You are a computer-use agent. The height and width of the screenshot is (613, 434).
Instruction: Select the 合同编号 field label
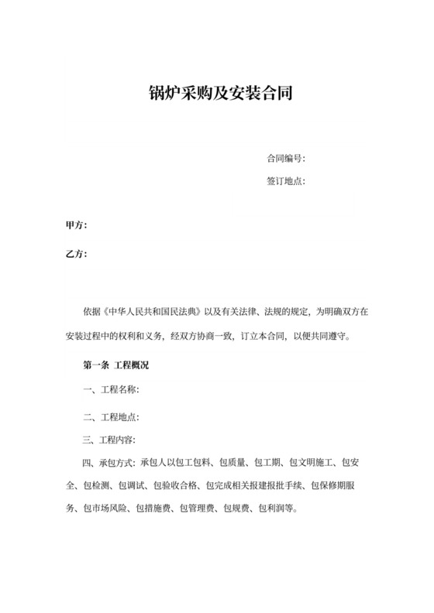tap(285, 159)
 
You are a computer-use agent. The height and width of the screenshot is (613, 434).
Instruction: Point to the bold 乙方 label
tap(76, 253)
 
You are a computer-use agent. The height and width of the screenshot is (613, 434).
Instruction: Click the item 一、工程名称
tap(111, 389)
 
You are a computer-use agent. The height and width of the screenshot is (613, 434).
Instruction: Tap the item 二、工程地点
tap(111, 416)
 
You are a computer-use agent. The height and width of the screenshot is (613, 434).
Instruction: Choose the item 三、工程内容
tap(111, 440)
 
